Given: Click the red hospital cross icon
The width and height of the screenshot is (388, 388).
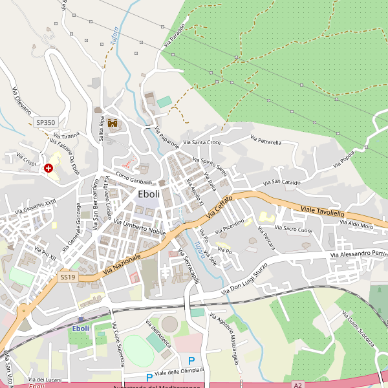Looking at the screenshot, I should click(x=48, y=168).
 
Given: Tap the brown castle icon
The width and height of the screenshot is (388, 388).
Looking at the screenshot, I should click(x=112, y=123).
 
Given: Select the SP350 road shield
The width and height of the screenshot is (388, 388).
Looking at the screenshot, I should click(x=46, y=122).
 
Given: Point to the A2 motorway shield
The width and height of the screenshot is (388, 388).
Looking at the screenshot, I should click(x=297, y=385).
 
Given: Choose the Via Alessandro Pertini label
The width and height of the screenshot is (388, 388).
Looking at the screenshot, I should click(x=359, y=255).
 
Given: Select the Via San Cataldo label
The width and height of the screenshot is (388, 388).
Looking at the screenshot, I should click(x=281, y=183).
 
